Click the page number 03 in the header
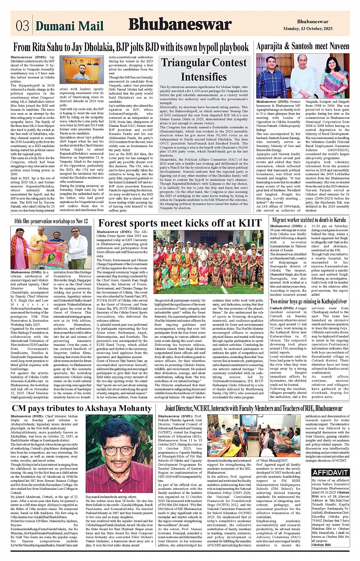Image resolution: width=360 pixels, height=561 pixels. [x=22, y=26]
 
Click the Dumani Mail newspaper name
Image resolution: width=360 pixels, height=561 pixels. [x=69, y=26]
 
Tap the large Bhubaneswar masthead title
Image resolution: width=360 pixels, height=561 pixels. [x=180, y=24]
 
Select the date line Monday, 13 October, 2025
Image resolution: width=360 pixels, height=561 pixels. [x=313, y=29]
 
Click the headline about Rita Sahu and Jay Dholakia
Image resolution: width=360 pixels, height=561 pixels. [x=131, y=48]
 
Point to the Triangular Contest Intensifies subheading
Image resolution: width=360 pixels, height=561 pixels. [x=203, y=70]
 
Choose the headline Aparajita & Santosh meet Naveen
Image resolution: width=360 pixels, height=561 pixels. [x=302, y=46]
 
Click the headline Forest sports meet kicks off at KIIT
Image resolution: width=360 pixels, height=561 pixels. [x=180, y=223]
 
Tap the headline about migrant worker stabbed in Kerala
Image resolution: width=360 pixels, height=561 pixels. [x=309, y=220]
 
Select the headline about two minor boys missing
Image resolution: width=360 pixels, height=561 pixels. [x=309, y=301]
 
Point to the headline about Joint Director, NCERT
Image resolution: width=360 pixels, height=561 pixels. [x=253, y=408]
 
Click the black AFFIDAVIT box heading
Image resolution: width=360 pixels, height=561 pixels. [x=330, y=473]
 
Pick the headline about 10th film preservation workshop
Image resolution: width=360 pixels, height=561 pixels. [x=51, y=221]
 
